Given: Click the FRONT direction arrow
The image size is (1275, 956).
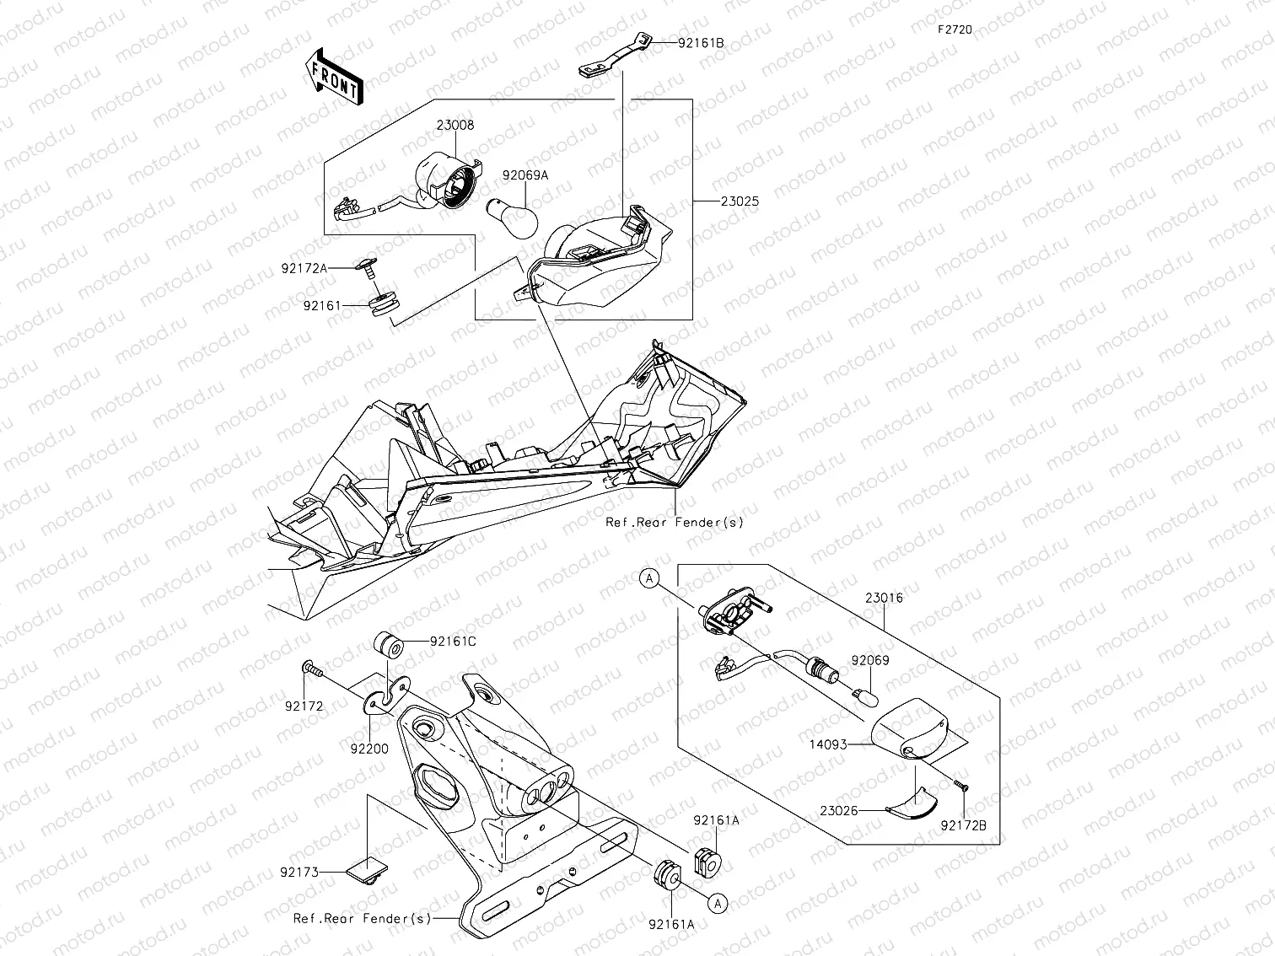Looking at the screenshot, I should pyautogui.click(x=336, y=77).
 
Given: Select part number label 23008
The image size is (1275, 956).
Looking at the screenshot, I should pyautogui.click(x=455, y=125).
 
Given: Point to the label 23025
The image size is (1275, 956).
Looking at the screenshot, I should pyautogui.click(x=740, y=201).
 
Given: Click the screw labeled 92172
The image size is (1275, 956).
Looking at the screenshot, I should pyautogui.click(x=313, y=670).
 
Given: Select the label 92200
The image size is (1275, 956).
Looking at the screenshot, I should pyautogui.click(x=372, y=748).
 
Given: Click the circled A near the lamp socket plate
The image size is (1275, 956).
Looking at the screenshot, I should pyautogui.click(x=648, y=578).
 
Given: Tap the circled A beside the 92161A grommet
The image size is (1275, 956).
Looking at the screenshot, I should pyautogui.click(x=718, y=903).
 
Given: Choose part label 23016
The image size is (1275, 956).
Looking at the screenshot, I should pyautogui.click(x=884, y=598).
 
